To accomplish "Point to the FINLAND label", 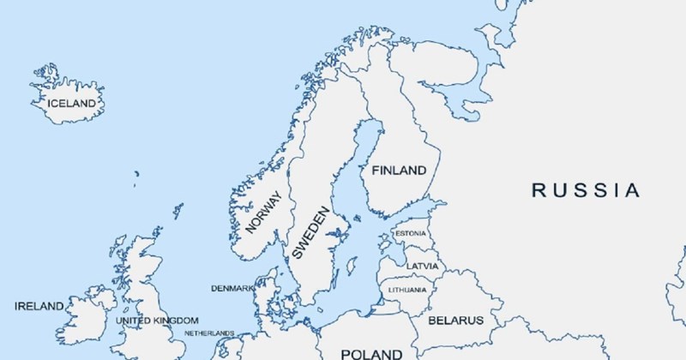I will pos(399,171).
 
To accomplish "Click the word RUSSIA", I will pos(586,190).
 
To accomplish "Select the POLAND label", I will pos(370,353).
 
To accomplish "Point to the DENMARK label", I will pos(232,287).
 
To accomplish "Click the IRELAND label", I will pos(39,306).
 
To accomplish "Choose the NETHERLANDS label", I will pos(209,333).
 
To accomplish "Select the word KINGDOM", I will pos(176,321).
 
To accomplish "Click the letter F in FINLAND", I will pos(376,171).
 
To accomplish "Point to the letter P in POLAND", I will pos(345,353).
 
